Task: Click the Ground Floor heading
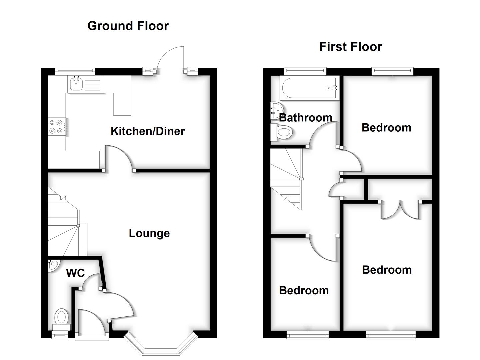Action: (x=128, y=26)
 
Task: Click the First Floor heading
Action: (x=350, y=47)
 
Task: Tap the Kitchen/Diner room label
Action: (x=147, y=131)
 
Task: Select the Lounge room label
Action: (x=149, y=233)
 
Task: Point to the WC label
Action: (x=75, y=273)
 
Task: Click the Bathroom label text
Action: (x=305, y=118)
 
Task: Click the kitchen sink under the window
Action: (x=76, y=83)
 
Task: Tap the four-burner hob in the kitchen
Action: (x=57, y=127)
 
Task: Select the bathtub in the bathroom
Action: (x=310, y=88)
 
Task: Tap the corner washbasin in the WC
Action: (x=53, y=265)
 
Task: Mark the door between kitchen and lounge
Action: (x=119, y=158)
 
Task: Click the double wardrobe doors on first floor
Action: (x=399, y=210)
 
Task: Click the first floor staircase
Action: (x=286, y=178)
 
